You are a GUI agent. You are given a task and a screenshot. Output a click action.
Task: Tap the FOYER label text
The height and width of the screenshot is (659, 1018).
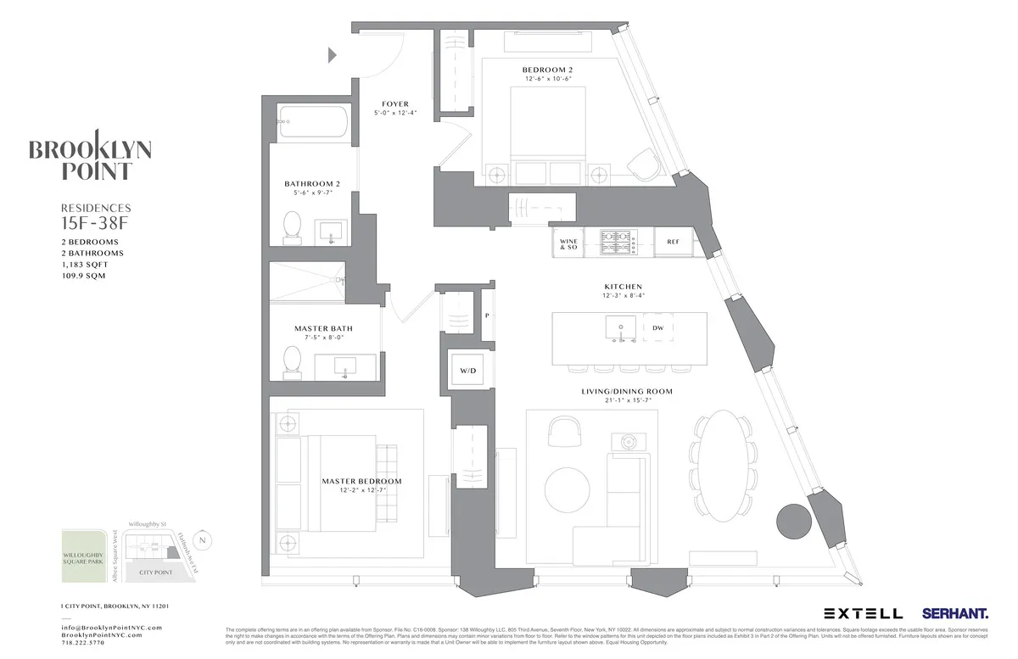395,104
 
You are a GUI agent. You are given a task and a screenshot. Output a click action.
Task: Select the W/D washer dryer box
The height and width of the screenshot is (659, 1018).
468,370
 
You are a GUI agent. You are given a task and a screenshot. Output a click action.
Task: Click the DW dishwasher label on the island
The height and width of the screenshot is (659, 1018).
657,327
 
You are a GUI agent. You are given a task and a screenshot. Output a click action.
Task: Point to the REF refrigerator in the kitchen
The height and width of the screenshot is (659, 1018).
673,242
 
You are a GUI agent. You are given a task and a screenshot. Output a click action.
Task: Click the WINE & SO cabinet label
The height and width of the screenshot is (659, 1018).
568,245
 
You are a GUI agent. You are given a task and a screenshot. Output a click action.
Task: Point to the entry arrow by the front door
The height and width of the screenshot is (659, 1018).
333,56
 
